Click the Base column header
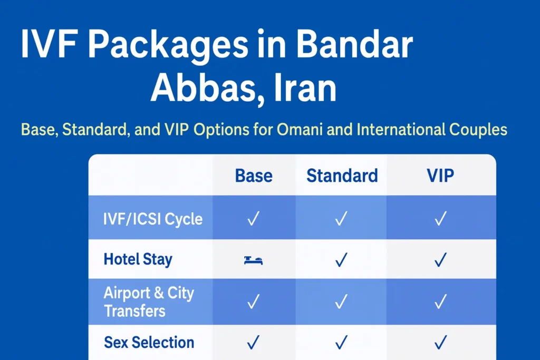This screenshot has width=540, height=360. [254, 176]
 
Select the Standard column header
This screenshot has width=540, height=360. [342, 176]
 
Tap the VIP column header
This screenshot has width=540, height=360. [440, 176]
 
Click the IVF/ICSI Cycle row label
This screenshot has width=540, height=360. [153, 219]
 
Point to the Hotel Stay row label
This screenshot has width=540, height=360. [138, 259]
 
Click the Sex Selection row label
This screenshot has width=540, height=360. [149, 343]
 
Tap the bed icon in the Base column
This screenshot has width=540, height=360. [253, 260]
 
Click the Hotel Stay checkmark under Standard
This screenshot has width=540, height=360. [342, 259]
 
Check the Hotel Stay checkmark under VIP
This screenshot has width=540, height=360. [441, 259]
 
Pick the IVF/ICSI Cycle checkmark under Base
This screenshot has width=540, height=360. [253, 219]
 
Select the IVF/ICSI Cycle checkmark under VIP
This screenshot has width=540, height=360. [441, 219]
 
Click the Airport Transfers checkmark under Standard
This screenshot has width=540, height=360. [342, 301]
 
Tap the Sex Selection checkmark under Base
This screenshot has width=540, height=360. [253, 343]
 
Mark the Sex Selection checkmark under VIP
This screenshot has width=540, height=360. [441, 343]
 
